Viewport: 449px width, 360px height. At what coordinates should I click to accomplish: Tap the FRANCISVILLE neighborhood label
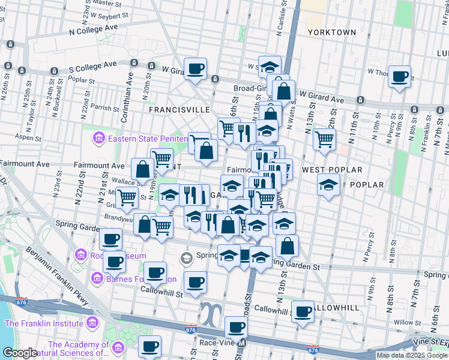[179, 110]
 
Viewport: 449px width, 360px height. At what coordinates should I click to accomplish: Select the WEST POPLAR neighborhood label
[332, 170]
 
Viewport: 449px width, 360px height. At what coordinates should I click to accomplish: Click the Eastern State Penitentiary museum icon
[98, 140]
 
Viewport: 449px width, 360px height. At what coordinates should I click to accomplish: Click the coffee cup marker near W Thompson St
[399, 77]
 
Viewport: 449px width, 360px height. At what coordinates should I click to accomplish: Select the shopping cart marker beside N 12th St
[324, 139]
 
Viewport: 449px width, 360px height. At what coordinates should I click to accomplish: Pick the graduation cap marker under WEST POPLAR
[328, 185]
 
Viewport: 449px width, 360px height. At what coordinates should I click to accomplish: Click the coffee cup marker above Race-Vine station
[236, 328]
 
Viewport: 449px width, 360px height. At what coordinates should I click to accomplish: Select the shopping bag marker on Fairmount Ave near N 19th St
[143, 169]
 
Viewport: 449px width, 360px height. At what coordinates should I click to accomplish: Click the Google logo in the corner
[20, 353]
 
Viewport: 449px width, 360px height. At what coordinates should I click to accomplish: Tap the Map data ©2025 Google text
[411, 355]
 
